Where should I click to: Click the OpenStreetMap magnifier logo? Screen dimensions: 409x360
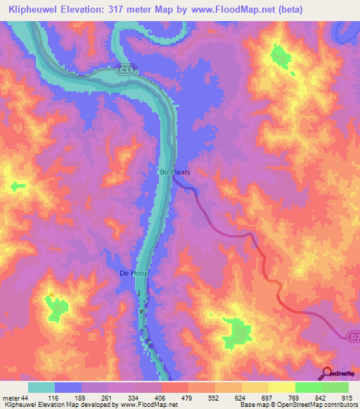328,373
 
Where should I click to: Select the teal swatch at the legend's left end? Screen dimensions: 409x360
41,387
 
